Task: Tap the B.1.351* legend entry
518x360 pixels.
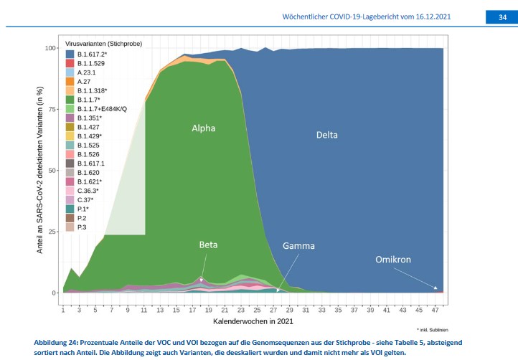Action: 90,118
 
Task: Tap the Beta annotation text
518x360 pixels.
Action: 208,245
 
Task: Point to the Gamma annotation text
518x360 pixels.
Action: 298,246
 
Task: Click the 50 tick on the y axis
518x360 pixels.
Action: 53,171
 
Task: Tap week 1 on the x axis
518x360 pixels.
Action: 63,311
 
